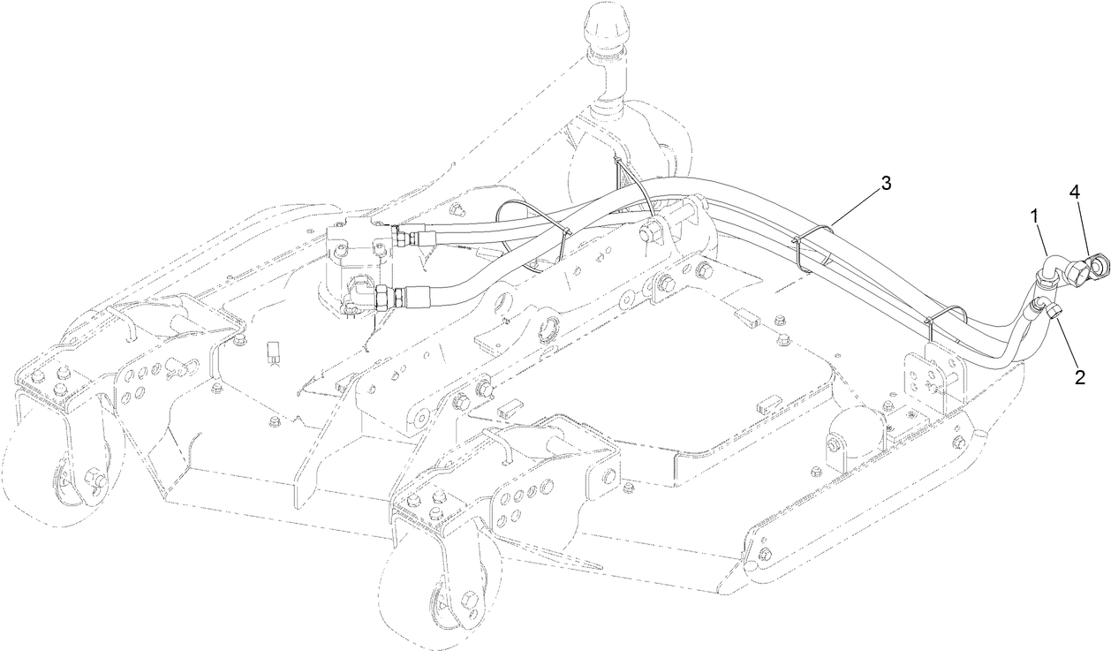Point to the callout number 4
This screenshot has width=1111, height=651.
(1075, 191)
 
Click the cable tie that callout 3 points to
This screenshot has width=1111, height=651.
(808, 240)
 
